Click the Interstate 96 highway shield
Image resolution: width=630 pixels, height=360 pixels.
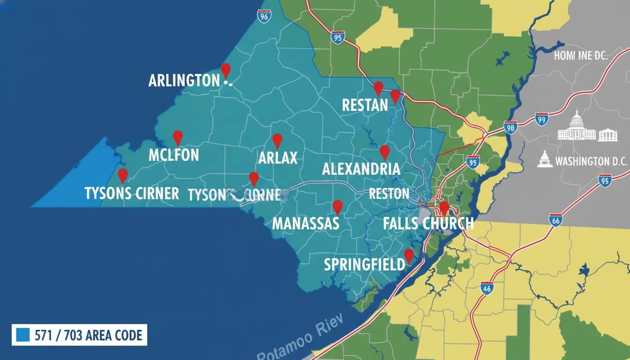264,16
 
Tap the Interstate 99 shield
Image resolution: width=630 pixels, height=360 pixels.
541,120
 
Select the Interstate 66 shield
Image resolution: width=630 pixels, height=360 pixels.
556,220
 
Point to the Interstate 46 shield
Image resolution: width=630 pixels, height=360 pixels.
487,288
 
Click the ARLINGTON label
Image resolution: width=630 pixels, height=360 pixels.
184,81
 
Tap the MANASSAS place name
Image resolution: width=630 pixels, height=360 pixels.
305,223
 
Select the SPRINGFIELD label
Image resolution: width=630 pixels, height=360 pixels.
364,264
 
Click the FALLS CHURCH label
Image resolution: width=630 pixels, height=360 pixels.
428,223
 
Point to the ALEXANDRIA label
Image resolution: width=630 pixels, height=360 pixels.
361,169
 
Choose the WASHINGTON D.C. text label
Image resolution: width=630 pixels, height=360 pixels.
591,162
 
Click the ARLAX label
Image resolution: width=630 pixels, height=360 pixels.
278,157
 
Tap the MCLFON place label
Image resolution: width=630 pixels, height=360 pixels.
173,155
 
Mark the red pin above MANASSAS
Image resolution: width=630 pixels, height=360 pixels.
337,207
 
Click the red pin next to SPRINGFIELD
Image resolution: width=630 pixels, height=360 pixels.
409,255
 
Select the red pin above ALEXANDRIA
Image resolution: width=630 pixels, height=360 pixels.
384,152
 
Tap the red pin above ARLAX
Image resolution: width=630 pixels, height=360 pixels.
277,140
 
